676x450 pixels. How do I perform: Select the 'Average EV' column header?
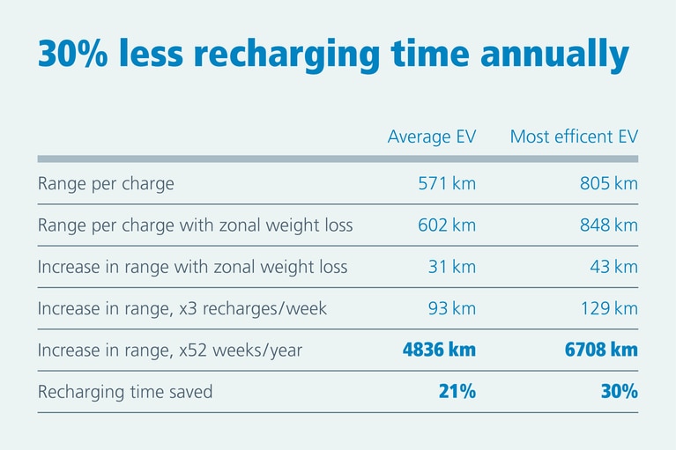pyautogui.click(x=432, y=137)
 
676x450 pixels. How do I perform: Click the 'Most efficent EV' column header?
pyautogui.click(x=574, y=137)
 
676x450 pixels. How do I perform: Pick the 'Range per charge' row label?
pyautogui.click(x=106, y=184)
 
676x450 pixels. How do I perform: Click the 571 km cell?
pyautogui.click(x=447, y=184)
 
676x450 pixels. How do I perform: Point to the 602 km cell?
pyautogui.click(x=447, y=225)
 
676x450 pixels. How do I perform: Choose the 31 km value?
pyautogui.click(x=451, y=267)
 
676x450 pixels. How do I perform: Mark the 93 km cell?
pyautogui.click(x=451, y=309)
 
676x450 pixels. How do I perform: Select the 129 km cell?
pyautogui.click(x=608, y=309)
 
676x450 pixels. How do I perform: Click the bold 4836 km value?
pyautogui.click(x=439, y=350)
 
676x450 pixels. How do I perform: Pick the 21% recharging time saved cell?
pyautogui.click(x=457, y=392)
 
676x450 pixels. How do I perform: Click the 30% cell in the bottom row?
pyautogui.click(x=618, y=392)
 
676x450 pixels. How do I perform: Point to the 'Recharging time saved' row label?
pyautogui.click(x=125, y=392)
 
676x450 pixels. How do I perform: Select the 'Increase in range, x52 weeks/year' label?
pyautogui.click(x=170, y=350)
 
